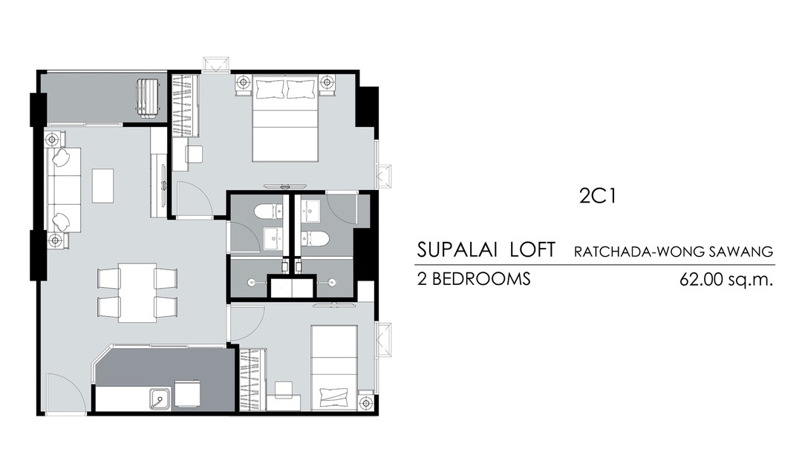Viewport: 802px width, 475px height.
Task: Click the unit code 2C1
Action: coord(598,196)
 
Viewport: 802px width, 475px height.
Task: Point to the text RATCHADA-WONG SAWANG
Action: coord(673,252)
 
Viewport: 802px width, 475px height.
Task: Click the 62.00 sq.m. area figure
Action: coord(726,280)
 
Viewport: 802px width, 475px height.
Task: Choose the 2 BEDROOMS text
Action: coord(474,279)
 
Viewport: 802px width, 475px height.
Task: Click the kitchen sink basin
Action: coord(160,399)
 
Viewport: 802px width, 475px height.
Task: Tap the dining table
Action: coord(137,292)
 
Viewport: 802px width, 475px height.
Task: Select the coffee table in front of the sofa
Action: coord(102,186)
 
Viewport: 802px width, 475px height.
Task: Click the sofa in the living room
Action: coord(64,190)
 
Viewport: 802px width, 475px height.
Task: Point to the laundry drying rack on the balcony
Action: coord(149,99)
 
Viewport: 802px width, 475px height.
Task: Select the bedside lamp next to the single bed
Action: coord(366,403)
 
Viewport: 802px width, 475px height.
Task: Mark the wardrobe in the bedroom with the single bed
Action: coord(252,379)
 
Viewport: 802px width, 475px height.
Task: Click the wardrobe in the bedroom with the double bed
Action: coord(185,106)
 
